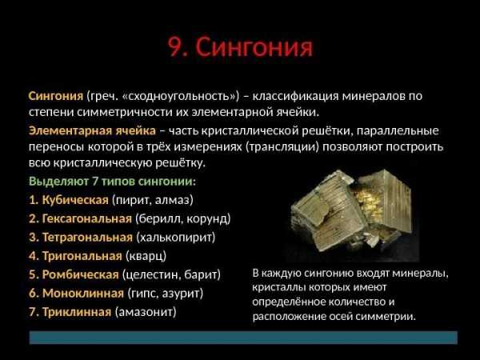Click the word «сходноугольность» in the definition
(x=180, y=96)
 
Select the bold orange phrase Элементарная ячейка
(x=92, y=130)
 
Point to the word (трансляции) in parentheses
(x=282, y=147)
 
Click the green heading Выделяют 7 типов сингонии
(x=112, y=182)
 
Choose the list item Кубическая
(x=75, y=200)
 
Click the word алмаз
(x=174, y=200)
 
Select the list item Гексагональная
(x=87, y=218)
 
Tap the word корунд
(x=208, y=219)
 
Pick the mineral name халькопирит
(x=176, y=238)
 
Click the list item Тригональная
(x=82, y=256)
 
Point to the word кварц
(x=146, y=256)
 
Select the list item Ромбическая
(x=80, y=274)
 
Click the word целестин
(x=150, y=274)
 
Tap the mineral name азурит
(x=182, y=294)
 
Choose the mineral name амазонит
(x=146, y=312)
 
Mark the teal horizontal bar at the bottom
(x=243, y=338)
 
